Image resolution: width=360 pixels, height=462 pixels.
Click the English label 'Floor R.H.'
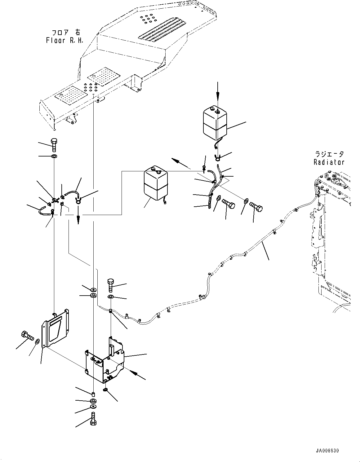pyautogui.click(x=65, y=40)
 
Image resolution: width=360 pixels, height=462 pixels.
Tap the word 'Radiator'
pyautogui.click(x=329, y=162)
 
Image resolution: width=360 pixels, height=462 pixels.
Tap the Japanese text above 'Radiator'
pyautogui.click(x=329, y=154)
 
